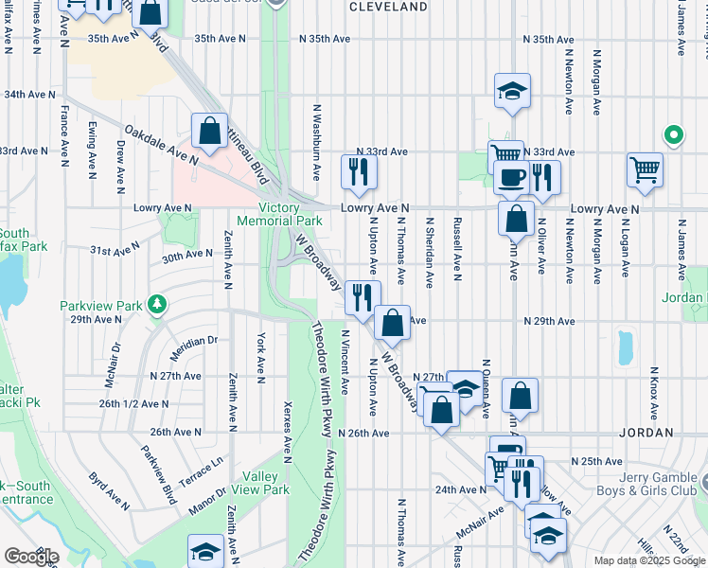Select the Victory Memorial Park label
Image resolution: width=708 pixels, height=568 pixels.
coord(292,214)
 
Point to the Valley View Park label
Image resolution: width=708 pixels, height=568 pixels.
coord(266,483)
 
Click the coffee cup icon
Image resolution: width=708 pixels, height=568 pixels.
coord(512,177)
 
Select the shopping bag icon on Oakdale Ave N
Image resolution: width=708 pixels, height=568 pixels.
coord(209,132)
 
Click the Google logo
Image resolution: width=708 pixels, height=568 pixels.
coord(31,557)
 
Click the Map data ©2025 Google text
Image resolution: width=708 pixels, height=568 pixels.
coord(648,560)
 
